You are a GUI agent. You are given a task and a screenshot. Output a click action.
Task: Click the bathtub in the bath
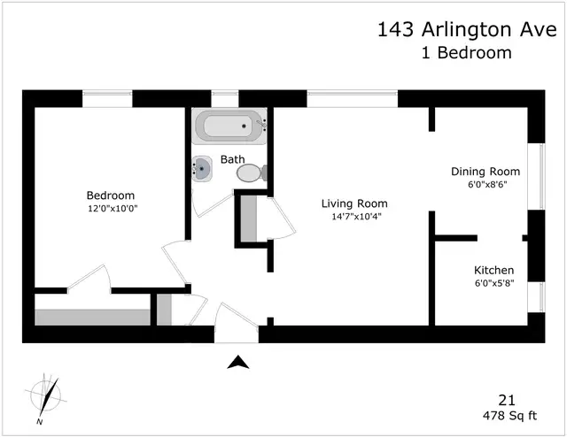point(229,126)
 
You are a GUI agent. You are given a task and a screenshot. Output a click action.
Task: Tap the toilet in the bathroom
point(252,173)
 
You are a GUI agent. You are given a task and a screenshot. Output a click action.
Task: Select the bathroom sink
point(201,169)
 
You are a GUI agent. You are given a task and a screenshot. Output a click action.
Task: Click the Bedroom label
point(111,195)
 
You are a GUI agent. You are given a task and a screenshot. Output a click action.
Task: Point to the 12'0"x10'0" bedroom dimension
point(113,209)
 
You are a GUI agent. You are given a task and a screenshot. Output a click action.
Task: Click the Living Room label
point(354,203)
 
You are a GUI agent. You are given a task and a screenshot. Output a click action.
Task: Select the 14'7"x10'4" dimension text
point(357,217)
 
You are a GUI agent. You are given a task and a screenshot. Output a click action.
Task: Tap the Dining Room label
point(485,172)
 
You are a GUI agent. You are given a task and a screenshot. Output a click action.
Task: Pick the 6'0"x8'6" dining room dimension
point(487,185)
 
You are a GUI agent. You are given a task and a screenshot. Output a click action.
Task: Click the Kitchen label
point(494,270)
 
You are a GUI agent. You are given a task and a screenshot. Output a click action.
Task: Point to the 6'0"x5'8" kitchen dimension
point(494,283)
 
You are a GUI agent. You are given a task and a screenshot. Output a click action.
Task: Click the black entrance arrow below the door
point(238,362)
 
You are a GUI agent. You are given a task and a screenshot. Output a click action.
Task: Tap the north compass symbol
point(46,397)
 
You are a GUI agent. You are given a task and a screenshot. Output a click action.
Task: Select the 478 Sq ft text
point(510,416)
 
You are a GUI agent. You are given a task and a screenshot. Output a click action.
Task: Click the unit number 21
point(507,401)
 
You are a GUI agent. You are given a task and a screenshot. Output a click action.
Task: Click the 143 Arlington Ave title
point(467,29)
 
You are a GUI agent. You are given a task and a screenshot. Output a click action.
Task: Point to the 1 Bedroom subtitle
point(467,53)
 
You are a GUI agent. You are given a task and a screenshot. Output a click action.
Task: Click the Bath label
point(232,159)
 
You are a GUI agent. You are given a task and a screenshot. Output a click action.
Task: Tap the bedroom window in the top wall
point(107,98)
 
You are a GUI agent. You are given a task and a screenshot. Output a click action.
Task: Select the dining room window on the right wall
point(536,177)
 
